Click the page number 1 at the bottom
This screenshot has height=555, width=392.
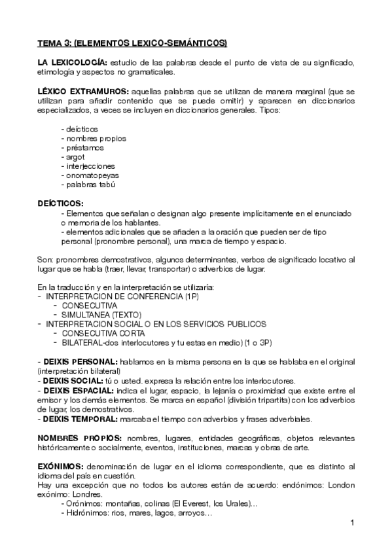point(352,523)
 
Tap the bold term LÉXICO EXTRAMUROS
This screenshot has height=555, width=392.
point(82,92)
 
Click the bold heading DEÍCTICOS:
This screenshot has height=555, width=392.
point(60,204)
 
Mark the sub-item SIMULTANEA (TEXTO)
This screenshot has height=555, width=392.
point(101,315)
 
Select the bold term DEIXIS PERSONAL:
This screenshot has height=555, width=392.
point(80,362)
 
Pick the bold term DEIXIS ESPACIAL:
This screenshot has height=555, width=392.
point(79,390)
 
